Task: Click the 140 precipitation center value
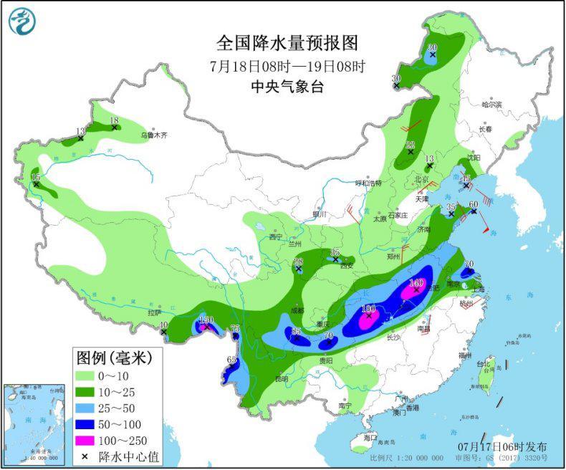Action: tap(416, 283)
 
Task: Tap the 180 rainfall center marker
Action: tap(369, 310)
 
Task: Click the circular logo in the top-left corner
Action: tap(21, 21)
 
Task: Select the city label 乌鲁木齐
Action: tap(153, 134)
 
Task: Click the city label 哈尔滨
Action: tap(492, 105)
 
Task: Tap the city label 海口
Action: tap(370, 436)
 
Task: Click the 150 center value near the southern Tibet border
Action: tap(206, 320)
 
